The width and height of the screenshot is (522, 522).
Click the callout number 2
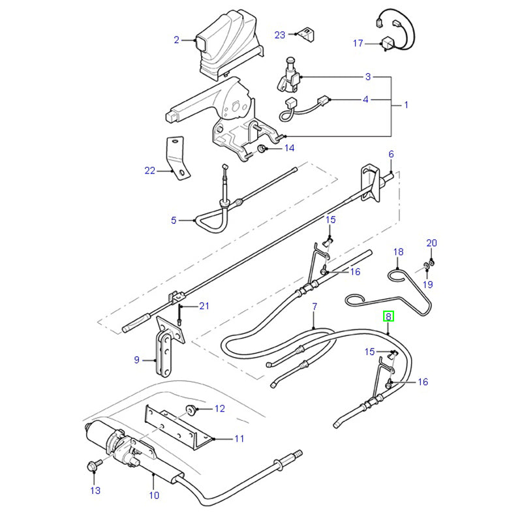coord(176,40)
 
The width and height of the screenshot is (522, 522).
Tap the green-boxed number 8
coord(388,318)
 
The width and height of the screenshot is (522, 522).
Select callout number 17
coord(358,44)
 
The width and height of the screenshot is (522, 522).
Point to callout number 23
coord(280,35)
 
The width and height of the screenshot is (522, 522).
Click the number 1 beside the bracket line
coord(406,104)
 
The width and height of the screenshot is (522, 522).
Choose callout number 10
coord(153,494)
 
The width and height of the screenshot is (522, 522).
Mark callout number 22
coord(150,171)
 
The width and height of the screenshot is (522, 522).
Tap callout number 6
coord(391,154)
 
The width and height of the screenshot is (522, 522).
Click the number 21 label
coord(204,306)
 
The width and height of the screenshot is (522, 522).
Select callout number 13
coord(96,490)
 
